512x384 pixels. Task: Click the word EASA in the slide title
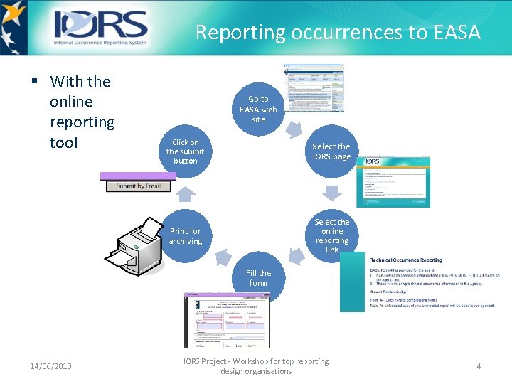(456, 33)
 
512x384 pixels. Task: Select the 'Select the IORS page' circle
(331, 151)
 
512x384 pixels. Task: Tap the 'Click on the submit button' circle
(185, 151)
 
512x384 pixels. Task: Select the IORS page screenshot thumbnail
(393, 181)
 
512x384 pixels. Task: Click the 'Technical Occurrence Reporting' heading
(406, 260)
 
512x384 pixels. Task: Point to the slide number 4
(479, 366)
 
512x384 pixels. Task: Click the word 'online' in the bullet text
(71, 102)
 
